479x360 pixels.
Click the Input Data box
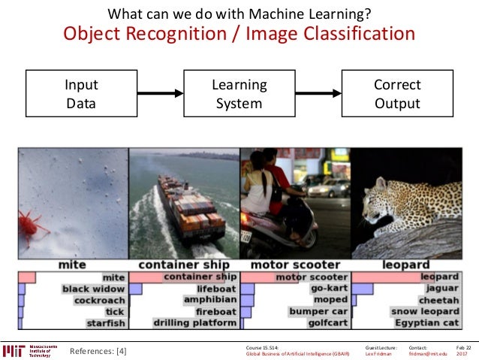coord(81,95)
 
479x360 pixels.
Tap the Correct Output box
coord(397,95)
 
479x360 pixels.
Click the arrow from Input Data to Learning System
coord(161,93)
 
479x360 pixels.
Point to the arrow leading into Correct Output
coord(318,93)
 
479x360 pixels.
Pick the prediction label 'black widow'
coord(93,289)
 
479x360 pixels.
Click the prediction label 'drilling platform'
coord(196,323)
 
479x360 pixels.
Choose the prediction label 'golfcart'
coord(328,323)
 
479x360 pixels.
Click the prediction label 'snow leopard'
coord(425,311)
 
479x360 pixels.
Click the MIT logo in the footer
coord(14,349)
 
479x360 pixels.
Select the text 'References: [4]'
coord(98,350)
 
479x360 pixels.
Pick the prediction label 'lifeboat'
coord(215,289)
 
